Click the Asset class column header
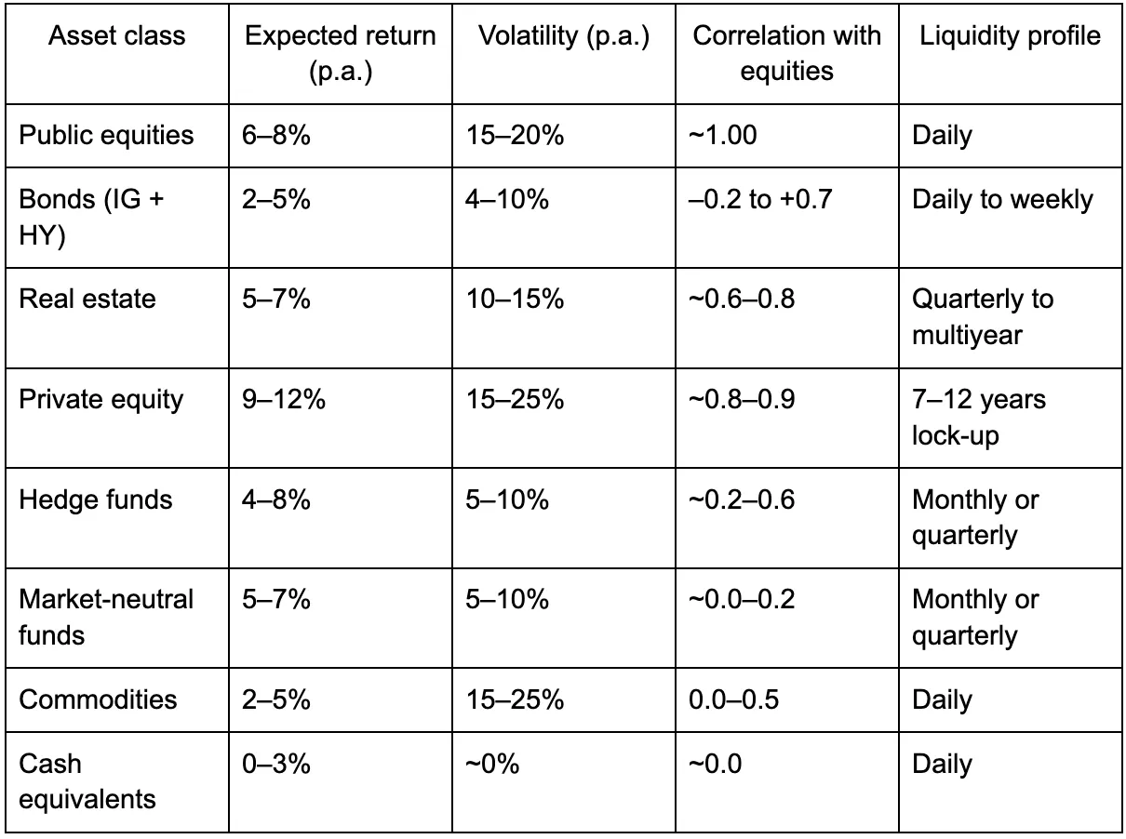point(116,36)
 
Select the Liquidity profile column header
point(1010,36)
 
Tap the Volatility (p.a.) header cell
point(563,36)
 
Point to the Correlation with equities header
point(786,53)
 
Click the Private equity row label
point(101,400)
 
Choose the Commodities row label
point(98,699)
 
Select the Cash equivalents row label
point(87,781)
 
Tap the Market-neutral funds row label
point(106,617)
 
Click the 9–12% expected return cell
point(284,400)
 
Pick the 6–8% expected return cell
point(276,135)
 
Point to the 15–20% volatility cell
point(515,135)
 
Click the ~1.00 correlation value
point(723,135)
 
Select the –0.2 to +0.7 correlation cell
point(759,200)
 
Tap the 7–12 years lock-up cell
point(979,418)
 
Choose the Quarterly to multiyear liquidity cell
point(983,316)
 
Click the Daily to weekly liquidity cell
point(1002,200)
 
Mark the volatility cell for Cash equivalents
point(492,765)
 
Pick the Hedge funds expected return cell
point(276,500)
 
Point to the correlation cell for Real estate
point(742,300)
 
